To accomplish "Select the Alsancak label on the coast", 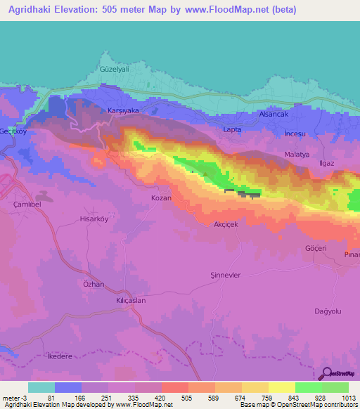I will (274, 113).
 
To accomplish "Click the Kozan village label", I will (162, 199).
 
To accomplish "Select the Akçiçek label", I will (228, 225).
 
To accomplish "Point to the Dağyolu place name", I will (327, 311).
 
